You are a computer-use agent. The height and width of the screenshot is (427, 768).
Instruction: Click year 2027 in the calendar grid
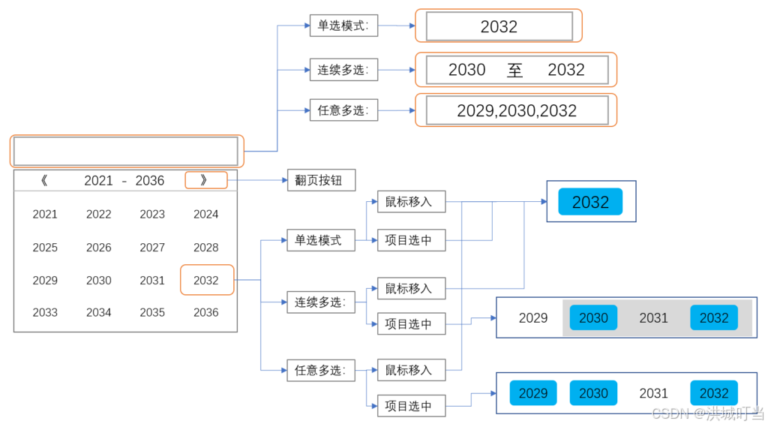tap(152, 248)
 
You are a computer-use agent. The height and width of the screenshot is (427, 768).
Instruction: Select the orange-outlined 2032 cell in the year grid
tap(206, 280)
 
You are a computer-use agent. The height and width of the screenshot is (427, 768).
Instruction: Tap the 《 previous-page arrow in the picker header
tap(44, 180)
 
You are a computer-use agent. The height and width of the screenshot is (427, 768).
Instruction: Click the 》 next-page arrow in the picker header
tap(205, 180)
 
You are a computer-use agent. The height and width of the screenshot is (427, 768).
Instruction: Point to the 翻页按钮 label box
tap(321, 181)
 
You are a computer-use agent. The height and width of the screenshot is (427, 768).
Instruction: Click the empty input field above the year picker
tap(126, 151)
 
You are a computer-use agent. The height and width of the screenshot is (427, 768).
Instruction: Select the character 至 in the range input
tap(514, 70)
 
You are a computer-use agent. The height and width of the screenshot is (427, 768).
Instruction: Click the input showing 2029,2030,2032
tap(516, 110)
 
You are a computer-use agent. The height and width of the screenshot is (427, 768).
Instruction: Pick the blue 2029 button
tap(533, 392)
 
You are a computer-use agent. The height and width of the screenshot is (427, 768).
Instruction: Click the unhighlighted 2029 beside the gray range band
tap(533, 317)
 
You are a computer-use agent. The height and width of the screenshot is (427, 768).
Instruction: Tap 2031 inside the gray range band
tap(653, 317)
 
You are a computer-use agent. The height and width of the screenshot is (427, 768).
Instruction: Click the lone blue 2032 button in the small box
tap(590, 202)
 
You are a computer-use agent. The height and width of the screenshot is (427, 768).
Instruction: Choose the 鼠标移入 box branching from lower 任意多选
tap(410, 370)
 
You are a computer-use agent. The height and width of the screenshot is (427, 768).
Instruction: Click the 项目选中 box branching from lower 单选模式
tap(410, 240)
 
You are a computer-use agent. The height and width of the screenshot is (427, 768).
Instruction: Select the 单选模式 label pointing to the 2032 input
tap(343, 26)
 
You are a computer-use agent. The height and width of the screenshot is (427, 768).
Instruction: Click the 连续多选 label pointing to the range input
tap(343, 71)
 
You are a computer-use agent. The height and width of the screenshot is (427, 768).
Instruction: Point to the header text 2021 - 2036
tap(124, 180)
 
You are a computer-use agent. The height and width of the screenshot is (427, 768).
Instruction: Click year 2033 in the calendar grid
tap(45, 312)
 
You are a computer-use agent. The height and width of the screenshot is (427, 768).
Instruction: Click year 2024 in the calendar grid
tap(206, 214)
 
